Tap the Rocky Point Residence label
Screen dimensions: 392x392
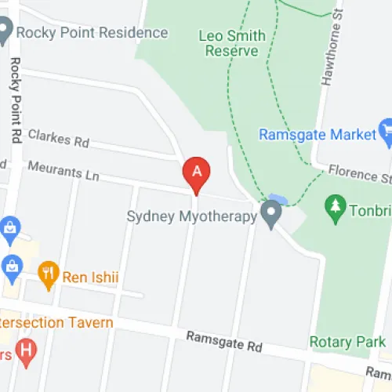click(x=93, y=33)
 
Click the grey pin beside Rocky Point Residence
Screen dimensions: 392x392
click(x=4, y=31)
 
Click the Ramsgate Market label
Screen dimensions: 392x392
click(x=318, y=135)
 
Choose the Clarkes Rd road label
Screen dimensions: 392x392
click(x=59, y=139)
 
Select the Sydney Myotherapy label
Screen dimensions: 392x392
click(x=191, y=216)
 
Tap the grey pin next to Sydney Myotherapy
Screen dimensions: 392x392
click(x=272, y=213)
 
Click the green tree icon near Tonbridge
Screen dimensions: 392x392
click(x=336, y=208)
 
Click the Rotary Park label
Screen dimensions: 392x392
click(x=347, y=342)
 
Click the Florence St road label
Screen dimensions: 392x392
click(x=359, y=172)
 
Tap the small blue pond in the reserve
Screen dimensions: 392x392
click(x=276, y=198)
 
